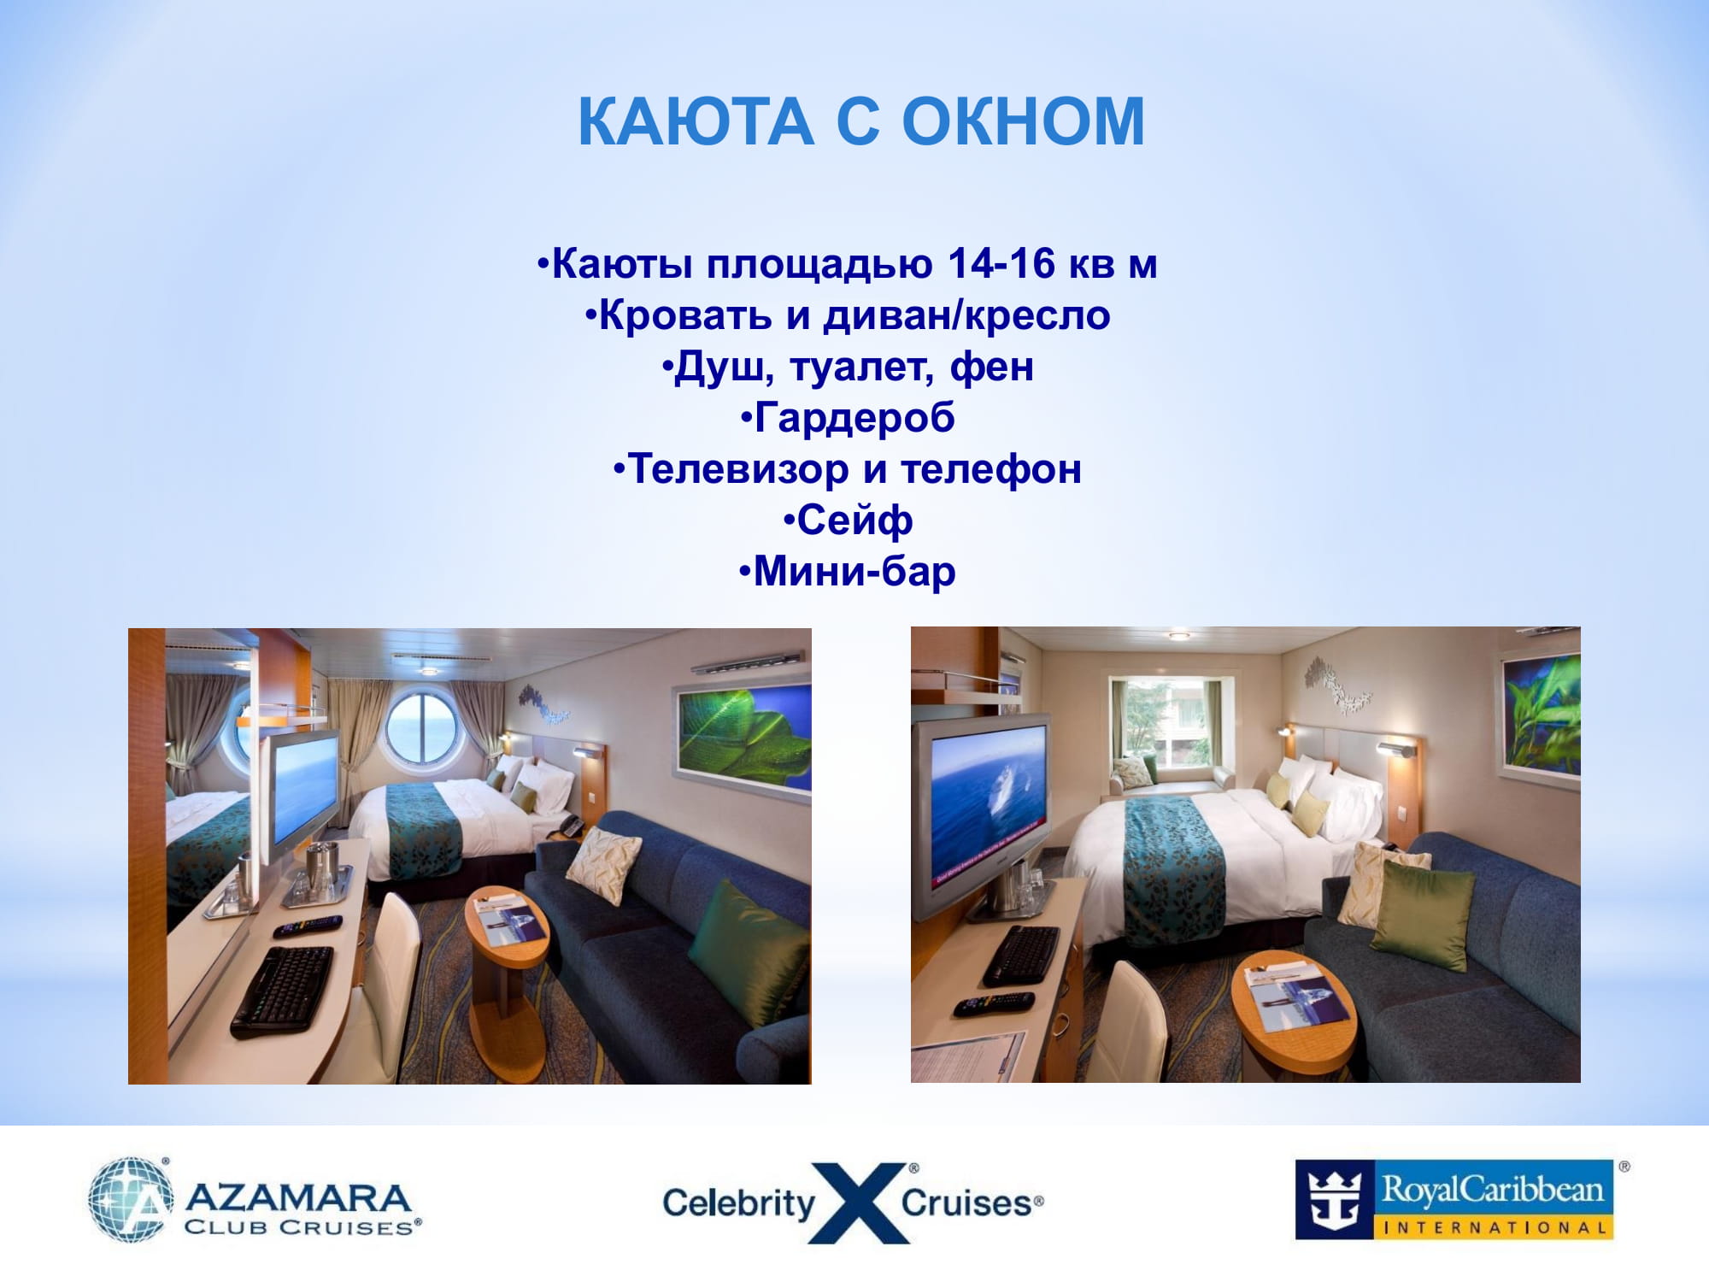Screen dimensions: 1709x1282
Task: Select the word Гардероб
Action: (854, 418)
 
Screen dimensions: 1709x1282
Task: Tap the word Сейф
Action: (854, 520)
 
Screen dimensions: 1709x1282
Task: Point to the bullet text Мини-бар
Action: (854, 572)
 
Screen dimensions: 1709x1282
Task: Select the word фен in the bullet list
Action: (991, 367)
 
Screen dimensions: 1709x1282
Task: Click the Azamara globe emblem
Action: (131, 1199)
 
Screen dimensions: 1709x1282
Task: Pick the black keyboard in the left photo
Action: (282, 991)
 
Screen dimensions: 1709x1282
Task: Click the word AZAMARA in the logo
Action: (298, 1197)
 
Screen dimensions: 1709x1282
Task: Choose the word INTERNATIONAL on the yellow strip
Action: (1494, 1227)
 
